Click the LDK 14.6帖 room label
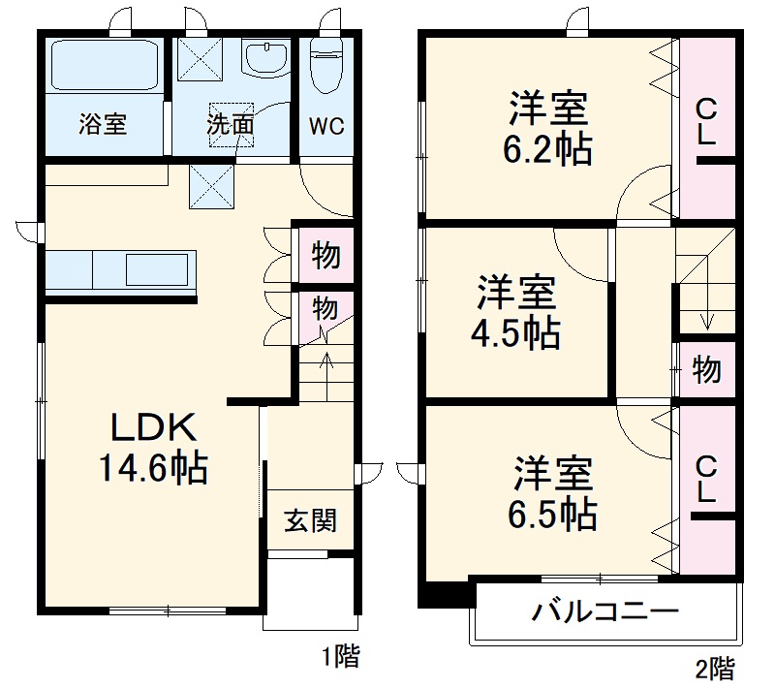click(154, 448)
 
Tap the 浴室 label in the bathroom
click(103, 124)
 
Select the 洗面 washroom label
click(230, 124)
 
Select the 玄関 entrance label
click(311, 520)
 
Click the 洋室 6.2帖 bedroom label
click(549, 129)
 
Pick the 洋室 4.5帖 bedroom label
click(515, 311)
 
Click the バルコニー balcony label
click(604, 612)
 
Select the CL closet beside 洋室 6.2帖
click(706, 122)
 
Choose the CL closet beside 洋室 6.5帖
click(706, 480)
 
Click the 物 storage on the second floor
click(706, 369)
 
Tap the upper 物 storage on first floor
click(325, 257)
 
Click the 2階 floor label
click(714, 668)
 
